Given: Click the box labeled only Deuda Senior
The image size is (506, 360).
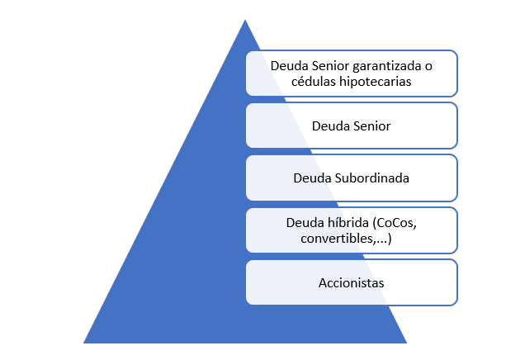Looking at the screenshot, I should coord(352,126).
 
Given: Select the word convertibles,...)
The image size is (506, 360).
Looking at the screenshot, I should coord(352,239).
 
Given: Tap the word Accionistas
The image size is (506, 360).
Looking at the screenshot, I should coord(352,283).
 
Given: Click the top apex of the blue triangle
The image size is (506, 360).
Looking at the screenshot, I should coord(245,21).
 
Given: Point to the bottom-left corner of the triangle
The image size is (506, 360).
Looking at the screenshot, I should coord(85,342).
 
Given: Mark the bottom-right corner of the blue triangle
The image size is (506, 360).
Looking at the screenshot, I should coord(405,342).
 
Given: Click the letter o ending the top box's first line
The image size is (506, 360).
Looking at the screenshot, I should coord(428,65).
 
